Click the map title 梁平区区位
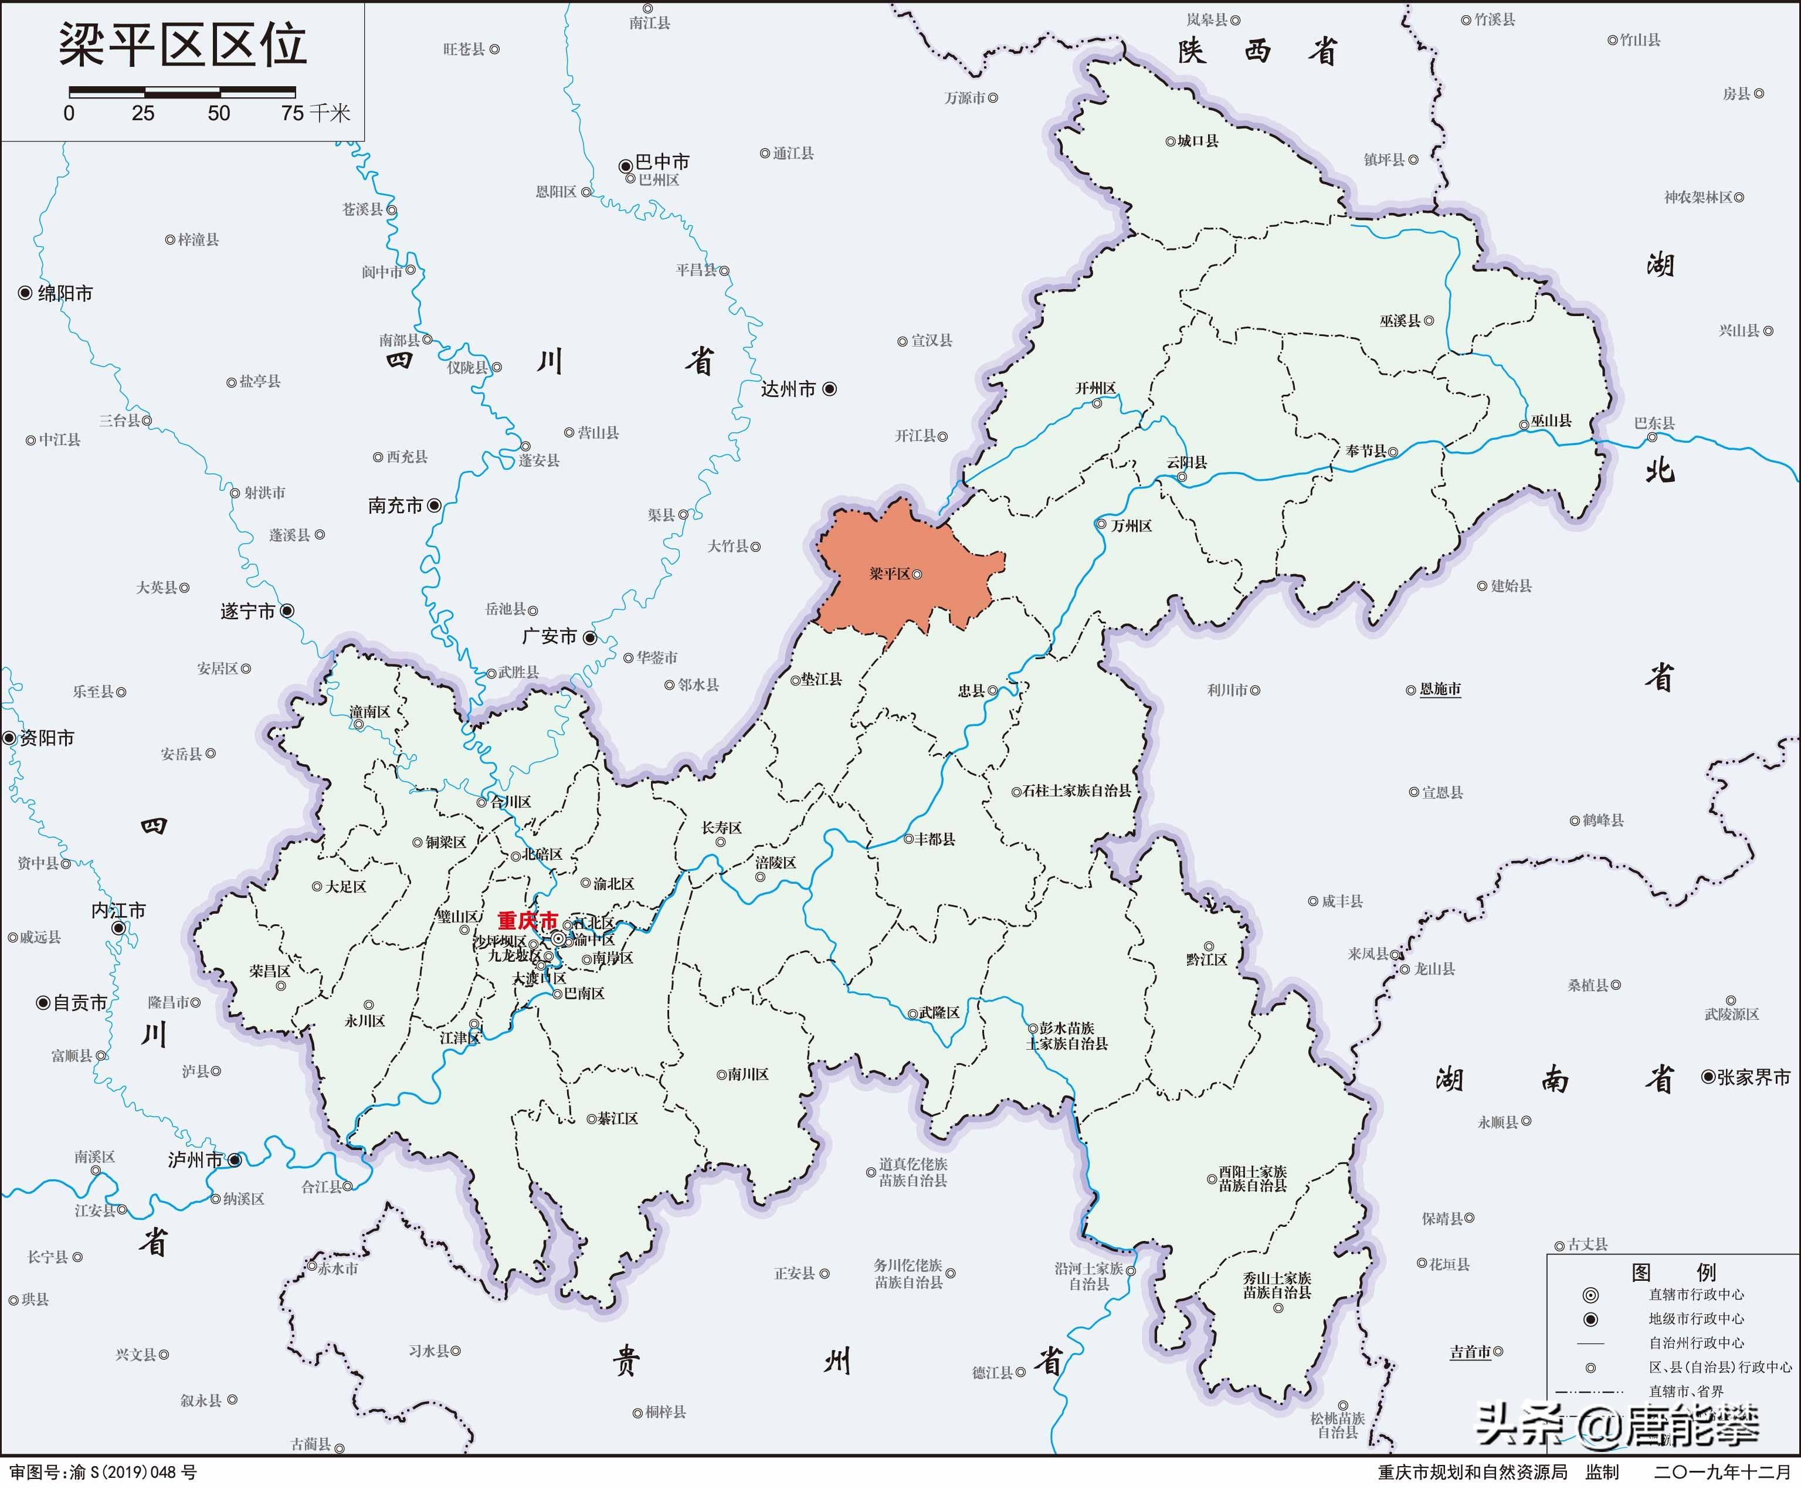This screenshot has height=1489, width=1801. (182, 45)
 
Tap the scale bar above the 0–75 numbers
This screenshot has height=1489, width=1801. (182, 91)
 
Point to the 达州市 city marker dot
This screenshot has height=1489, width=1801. (829, 389)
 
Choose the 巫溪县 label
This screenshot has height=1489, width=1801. (1400, 321)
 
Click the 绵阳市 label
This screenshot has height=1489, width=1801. (65, 293)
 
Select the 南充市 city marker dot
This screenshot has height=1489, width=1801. (435, 505)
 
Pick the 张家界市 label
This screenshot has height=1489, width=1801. (1753, 1077)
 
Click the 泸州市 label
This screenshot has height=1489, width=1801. (195, 1159)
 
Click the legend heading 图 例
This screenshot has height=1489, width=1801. (1673, 1272)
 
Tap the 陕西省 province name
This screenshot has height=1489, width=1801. (1257, 52)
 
